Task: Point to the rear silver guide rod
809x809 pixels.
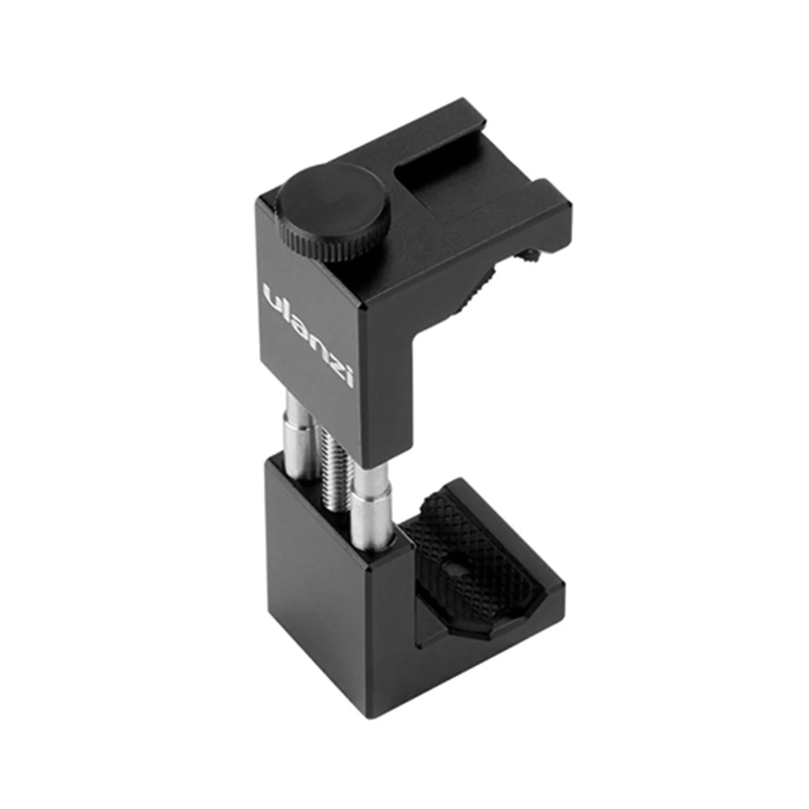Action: coord(297,437)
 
